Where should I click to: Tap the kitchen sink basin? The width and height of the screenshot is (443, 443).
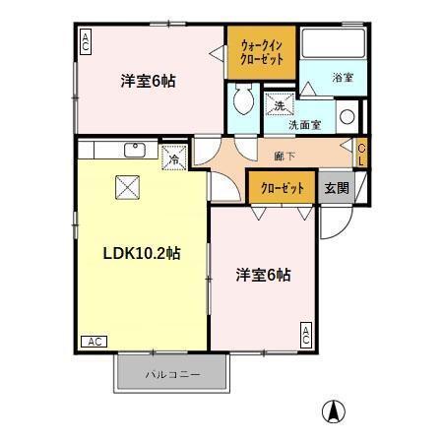pos(135,150)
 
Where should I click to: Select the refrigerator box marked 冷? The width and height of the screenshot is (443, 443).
pos(174,158)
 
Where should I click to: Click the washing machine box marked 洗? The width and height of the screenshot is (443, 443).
pos(280,104)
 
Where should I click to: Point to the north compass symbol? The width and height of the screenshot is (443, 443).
pos(334,411)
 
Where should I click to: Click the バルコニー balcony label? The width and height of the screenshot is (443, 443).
pos(172,374)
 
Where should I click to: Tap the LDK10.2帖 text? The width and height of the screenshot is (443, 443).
pos(142,253)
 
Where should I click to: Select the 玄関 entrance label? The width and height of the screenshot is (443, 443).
pos(337,188)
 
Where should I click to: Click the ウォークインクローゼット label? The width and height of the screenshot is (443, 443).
pos(262,52)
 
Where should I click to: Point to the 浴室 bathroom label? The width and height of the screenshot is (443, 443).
pos(343,78)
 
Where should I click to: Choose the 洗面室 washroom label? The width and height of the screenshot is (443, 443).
pos(305,125)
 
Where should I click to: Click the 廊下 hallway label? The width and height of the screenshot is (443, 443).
pos(285,157)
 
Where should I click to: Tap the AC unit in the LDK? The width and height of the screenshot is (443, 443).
pos(95,342)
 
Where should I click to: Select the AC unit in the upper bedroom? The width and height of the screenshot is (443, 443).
pos(86,41)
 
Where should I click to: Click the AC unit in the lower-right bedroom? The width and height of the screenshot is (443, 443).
pos(306,335)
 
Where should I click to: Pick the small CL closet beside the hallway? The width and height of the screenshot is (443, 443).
pos(362,153)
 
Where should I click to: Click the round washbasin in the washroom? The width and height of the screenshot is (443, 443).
pos(348,117)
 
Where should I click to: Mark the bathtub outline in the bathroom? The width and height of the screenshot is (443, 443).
pos(333,43)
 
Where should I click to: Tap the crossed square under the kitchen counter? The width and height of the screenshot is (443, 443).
pos(127,187)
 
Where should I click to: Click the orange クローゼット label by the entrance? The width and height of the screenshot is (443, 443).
pos(283,188)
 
